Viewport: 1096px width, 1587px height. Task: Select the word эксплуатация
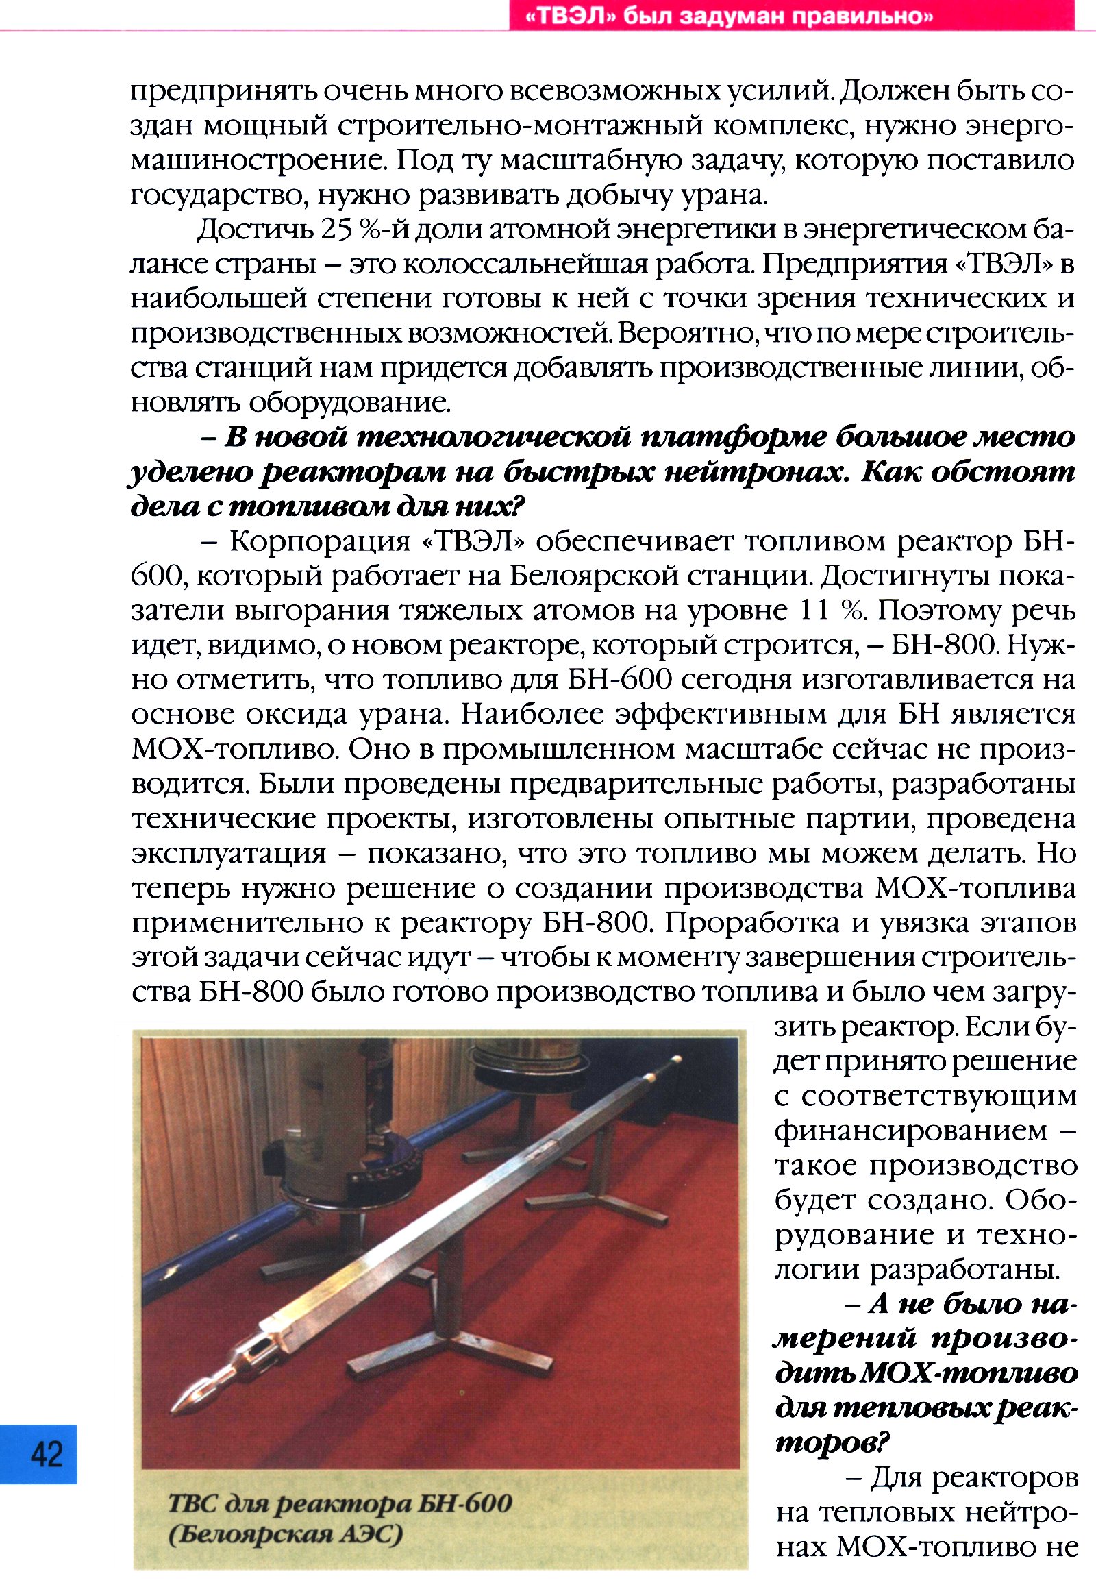(229, 853)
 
